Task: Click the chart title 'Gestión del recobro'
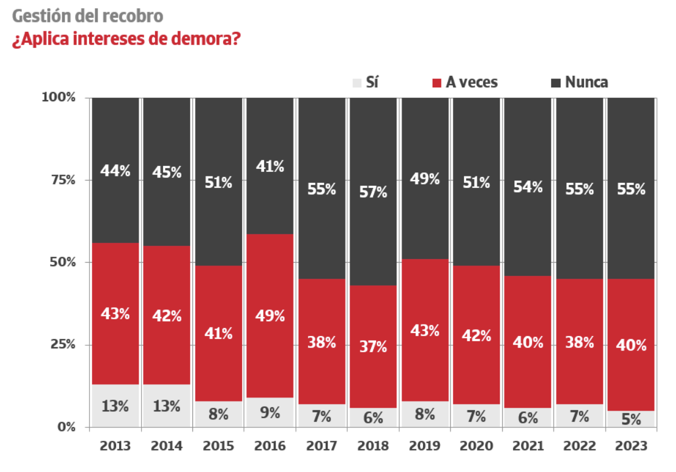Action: (x=87, y=16)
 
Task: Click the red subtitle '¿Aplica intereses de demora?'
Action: (x=127, y=39)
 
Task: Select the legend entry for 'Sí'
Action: (x=365, y=83)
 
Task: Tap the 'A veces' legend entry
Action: (x=465, y=83)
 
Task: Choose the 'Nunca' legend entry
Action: (x=579, y=83)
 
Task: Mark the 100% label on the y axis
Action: (x=59, y=97)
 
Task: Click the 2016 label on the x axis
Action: (x=270, y=446)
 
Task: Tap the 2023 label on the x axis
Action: (x=631, y=446)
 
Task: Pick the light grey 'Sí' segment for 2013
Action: (x=115, y=405)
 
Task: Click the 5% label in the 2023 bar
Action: (x=631, y=419)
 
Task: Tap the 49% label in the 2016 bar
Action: (x=270, y=316)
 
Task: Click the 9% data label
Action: (x=270, y=412)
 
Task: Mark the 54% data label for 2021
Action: (x=528, y=187)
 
